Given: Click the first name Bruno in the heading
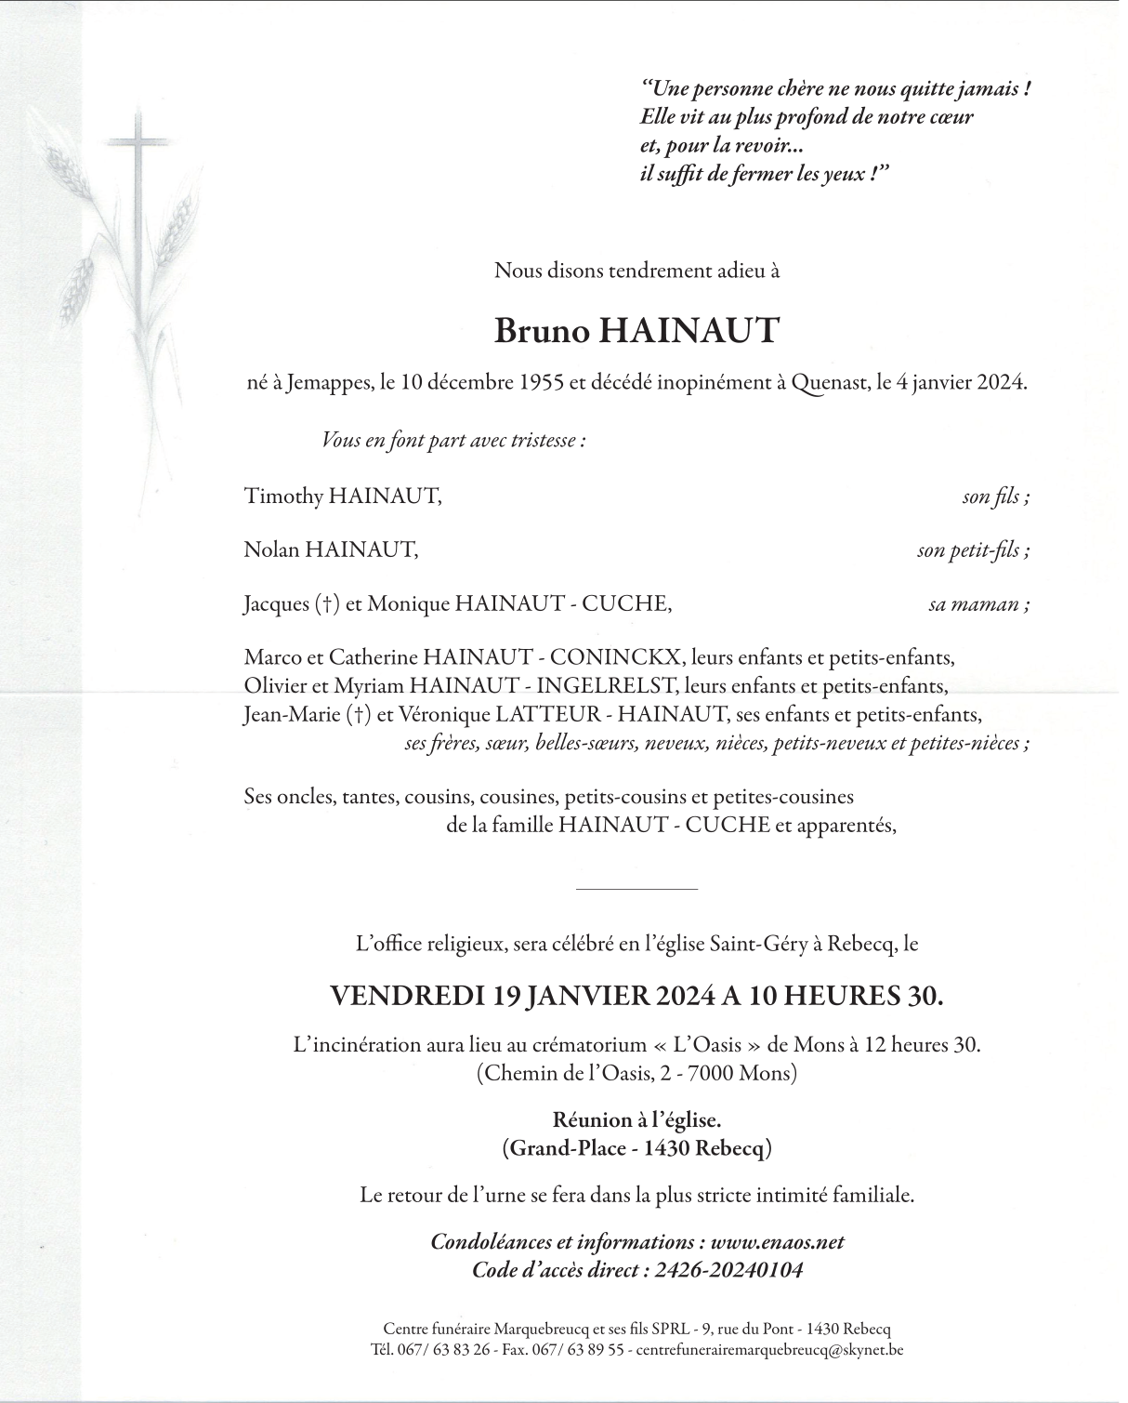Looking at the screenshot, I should coord(542,331).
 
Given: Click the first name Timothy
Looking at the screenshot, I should coord(282,496).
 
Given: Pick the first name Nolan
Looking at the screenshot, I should coord(271,550).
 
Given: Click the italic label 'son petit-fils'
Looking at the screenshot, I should coord(972,551).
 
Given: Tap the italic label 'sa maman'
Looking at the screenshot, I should coord(977,605).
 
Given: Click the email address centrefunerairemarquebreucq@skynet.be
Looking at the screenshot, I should coord(769,1350).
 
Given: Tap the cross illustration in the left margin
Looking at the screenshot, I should coord(138,214).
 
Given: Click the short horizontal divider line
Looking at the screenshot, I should coord(636,890).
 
